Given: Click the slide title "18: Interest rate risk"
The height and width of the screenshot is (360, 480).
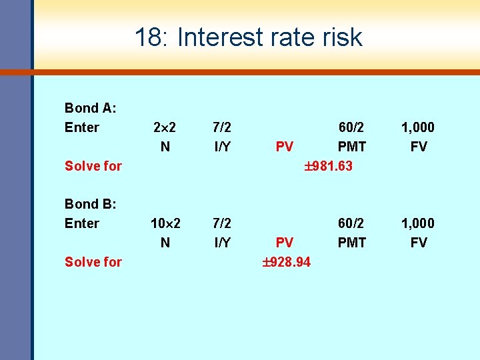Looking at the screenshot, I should (248, 37).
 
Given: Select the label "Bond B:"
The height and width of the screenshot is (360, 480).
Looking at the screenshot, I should (90, 204).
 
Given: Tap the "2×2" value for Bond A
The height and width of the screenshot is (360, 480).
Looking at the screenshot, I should (165, 127).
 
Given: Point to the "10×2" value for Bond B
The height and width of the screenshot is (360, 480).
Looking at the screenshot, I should (165, 223).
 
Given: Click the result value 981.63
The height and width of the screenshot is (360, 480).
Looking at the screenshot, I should (329, 166).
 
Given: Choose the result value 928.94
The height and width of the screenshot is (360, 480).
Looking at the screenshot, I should (287, 262).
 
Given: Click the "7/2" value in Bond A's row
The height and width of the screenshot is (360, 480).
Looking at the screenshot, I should (222, 127).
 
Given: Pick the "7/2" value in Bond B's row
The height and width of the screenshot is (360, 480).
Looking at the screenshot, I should (222, 223).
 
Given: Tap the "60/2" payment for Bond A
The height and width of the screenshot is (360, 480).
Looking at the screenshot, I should (351, 127).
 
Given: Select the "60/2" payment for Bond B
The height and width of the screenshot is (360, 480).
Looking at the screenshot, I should (351, 223).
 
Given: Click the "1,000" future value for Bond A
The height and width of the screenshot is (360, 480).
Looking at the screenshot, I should (418, 127).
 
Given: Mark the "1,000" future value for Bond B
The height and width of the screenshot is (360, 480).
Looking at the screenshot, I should (418, 223).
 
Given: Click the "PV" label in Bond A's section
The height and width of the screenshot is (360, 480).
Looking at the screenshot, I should (285, 147).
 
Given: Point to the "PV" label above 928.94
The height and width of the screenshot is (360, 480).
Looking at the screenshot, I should (285, 243).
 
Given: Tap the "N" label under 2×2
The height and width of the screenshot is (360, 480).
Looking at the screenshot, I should (165, 147).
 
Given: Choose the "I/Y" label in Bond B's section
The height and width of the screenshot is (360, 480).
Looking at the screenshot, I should (222, 243).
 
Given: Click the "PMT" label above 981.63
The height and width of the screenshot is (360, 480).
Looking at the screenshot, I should (351, 147).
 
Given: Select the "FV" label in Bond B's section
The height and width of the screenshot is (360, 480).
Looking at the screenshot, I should (418, 243).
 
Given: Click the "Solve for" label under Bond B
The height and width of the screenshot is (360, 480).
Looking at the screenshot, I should (93, 262).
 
